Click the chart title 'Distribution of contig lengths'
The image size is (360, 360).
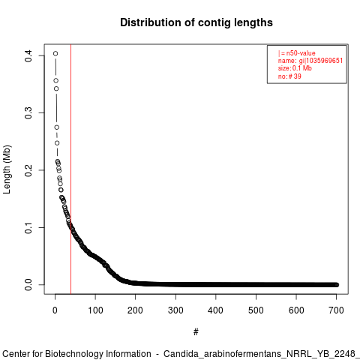point(196,22)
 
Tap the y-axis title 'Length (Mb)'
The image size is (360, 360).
point(7,169)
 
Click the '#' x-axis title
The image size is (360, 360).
point(196,332)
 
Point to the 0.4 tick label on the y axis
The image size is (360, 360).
point(28,55)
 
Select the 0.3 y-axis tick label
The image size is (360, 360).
point(28,113)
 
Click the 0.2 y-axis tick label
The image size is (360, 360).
point(28,170)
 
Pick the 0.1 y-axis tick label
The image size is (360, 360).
point(28,227)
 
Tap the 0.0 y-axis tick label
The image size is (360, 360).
point(28,285)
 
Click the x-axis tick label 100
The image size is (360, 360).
point(95,310)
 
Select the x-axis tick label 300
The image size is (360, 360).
point(175,310)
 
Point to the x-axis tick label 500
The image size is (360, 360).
point(256,310)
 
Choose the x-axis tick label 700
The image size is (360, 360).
point(336,310)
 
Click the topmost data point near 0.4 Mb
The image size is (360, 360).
point(55,53)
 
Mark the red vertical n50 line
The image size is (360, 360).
point(71,169)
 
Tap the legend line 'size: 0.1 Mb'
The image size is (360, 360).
point(295,68)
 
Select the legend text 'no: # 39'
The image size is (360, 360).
point(289,76)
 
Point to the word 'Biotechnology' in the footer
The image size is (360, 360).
point(98,354)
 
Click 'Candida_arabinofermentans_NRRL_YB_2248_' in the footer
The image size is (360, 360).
point(262,354)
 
